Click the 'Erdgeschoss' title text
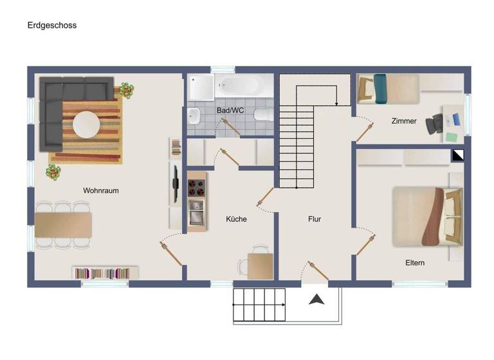(52, 26)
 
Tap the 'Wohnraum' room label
(101, 191)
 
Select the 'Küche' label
(236, 219)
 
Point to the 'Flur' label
(315, 219)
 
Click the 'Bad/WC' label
(230, 111)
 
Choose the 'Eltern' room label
(415, 263)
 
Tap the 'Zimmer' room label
(404, 121)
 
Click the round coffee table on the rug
(86, 125)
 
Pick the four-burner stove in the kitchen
(196, 187)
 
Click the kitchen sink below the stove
(196, 213)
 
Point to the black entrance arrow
(317, 299)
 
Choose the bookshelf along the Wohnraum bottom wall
(105, 273)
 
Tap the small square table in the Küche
(260, 265)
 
